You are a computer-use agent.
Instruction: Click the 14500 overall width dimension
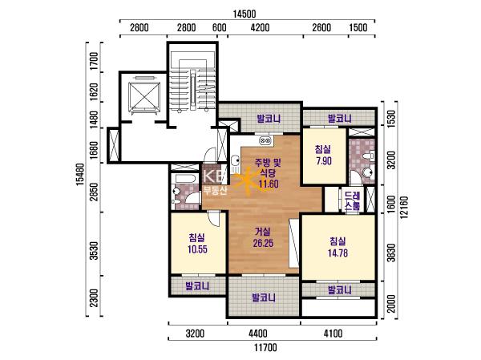pyautogui.click(x=245, y=14)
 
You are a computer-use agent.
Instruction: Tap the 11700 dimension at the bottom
pyautogui.click(x=265, y=348)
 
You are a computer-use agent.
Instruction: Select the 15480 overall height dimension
pyautogui.click(x=79, y=174)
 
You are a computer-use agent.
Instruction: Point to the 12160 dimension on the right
pyautogui.click(x=404, y=208)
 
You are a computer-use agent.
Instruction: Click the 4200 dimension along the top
pyautogui.click(x=260, y=27)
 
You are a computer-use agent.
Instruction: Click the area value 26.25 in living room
pyautogui.click(x=263, y=244)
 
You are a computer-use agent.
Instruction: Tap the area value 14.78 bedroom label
pyautogui.click(x=338, y=253)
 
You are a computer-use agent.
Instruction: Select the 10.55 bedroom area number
pyautogui.click(x=197, y=249)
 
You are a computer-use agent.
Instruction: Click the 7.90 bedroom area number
pyautogui.click(x=324, y=161)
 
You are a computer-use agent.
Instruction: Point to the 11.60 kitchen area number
pyautogui.click(x=269, y=184)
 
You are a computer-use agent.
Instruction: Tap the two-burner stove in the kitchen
pyautogui.click(x=265, y=140)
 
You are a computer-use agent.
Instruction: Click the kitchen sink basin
pyautogui.click(x=236, y=160)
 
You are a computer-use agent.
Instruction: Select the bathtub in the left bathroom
pyautogui.click(x=184, y=179)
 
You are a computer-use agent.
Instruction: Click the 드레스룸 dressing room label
pyautogui.click(x=353, y=200)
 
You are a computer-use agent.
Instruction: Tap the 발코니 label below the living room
pyautogui.click(x=264, y=297)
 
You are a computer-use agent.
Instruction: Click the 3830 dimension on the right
pyautogui.click(x=391, y=253)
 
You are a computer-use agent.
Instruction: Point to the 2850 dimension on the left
pyautogui.click(x=94, y=192)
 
